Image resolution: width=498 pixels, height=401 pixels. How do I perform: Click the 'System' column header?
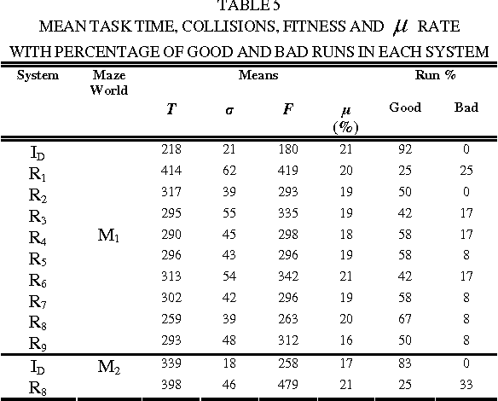coord(38,74)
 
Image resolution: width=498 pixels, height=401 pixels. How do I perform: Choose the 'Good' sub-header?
coord(404,108)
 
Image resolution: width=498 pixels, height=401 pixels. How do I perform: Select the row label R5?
coord(38,259)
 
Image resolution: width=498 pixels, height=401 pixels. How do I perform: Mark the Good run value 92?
coord(405,149)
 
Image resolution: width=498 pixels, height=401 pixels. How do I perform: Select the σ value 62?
coord(230,171)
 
